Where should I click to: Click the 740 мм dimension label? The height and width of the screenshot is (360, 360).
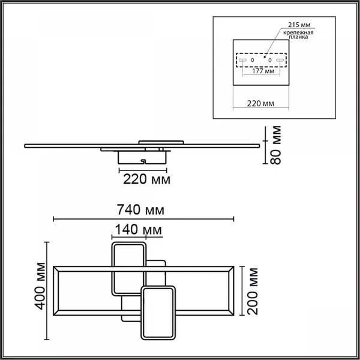click(140, 210)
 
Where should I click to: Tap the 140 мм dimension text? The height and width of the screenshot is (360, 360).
click(138, 230)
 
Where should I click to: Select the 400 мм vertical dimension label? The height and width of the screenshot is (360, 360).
click(40, 286)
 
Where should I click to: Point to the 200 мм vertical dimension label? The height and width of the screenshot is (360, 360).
click(253, 292)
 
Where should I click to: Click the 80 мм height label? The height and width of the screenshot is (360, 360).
click(275, 145)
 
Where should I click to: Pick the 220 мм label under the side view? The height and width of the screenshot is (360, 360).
click(147, 179)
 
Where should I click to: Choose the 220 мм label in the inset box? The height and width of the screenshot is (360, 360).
click(260, 104)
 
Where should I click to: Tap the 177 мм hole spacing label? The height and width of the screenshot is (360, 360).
click(263, 71)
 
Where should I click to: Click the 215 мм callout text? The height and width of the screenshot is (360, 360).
click(299, 25)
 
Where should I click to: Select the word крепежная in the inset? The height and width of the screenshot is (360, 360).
click(298, 32)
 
